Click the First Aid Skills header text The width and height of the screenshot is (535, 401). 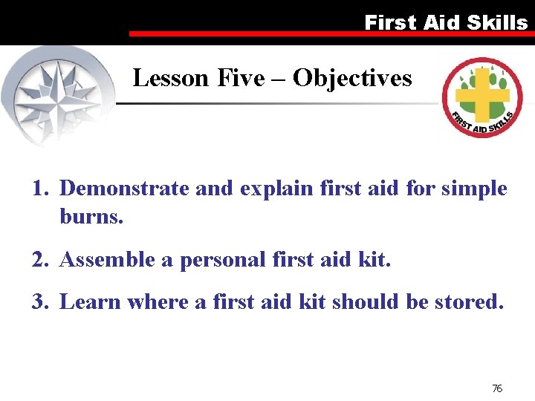(446, 22)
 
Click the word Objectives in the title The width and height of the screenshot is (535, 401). (352, 77)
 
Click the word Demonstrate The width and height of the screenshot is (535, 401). (124, 189)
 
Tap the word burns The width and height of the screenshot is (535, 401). (91, 218)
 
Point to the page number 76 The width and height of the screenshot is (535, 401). (497, 388)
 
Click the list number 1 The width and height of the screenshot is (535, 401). (40, 189)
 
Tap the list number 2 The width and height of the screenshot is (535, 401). (40, 260)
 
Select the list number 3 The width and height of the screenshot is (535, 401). (40, 301)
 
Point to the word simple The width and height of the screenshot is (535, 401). (473, 189)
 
